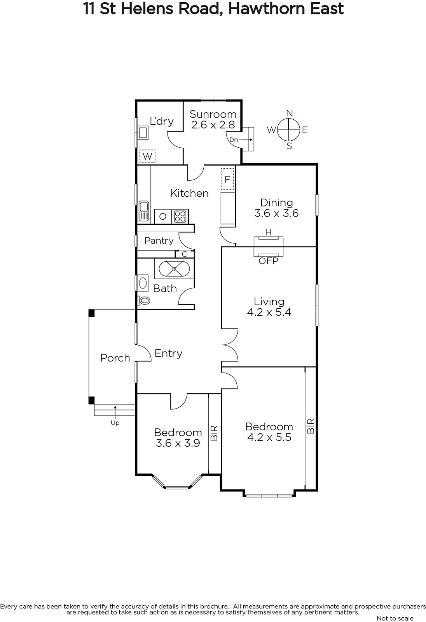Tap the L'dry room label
(x=162, y=121)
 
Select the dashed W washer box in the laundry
(x=147, y=156)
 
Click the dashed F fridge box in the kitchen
(x=227, y=179)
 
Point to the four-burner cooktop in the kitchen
(x=180, y=216)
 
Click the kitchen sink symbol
(x=143, y=211)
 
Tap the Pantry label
(x=159, y=241)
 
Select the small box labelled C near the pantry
(x=184, y=254)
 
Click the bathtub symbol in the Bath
(x=174, y=269)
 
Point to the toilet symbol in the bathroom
(x=143, y=301)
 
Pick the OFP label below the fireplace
(x=268, y=261)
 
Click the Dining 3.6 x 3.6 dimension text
(x=277, y=208)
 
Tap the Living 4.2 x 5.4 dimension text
(x=269, y=307)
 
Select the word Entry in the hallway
(x=168, y=353)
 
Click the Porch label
(x=115, y=358)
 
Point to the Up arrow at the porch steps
(x=115, y=411)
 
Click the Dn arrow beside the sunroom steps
(x=246, y=140)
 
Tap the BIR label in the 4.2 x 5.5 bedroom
(x=311, y=426)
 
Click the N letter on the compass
(x=289, y=113)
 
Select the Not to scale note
(x=395, y=618)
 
